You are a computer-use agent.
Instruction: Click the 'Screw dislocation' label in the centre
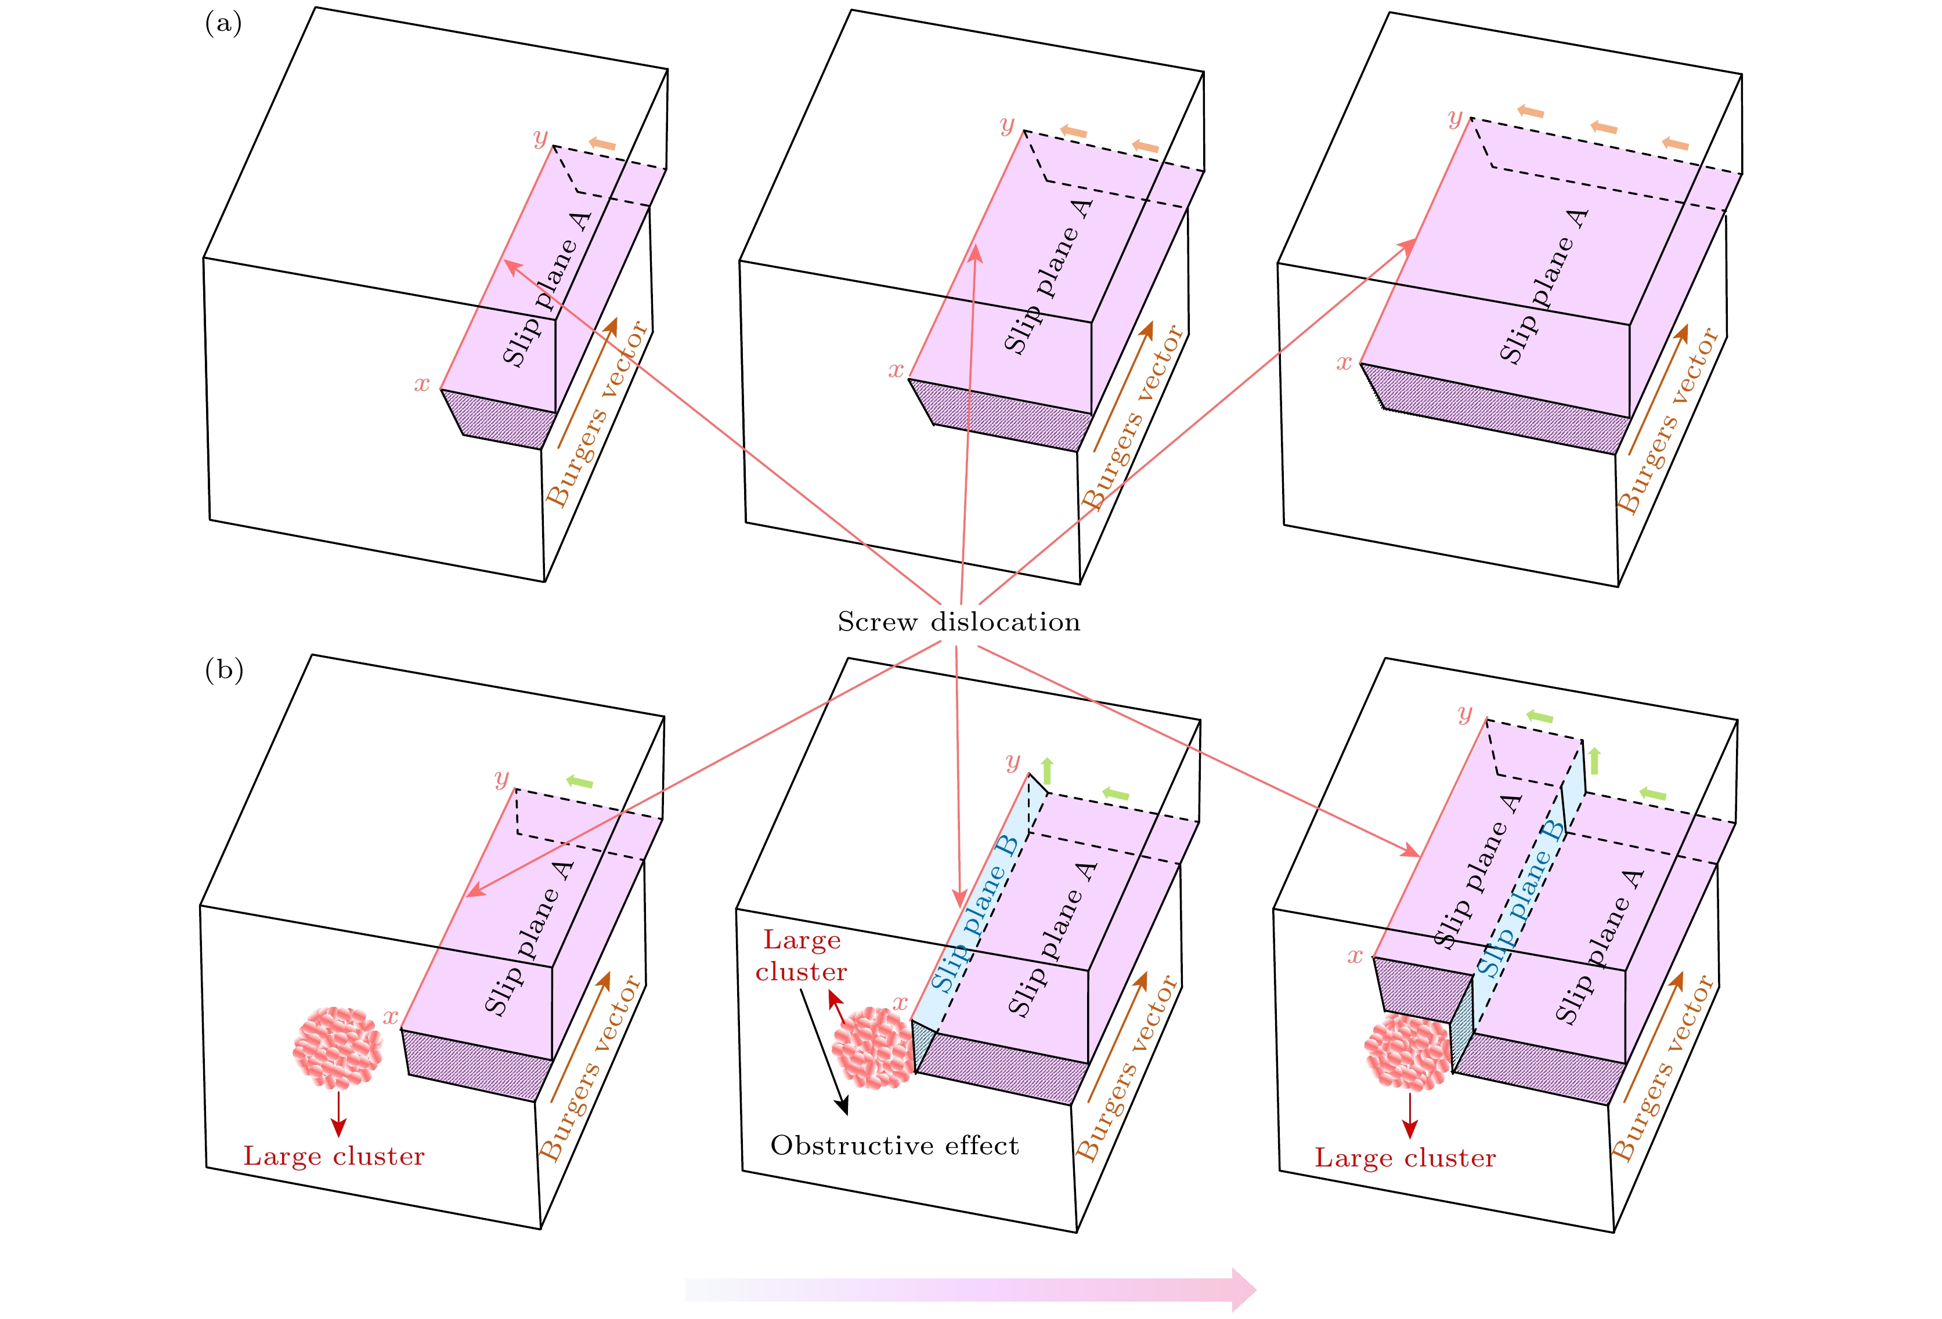click(x=958, y=621)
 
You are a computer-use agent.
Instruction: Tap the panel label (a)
click(x=223, y=23)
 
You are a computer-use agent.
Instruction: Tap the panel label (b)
click(x=224, y=670)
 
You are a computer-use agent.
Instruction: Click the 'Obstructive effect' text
click(x=894, y=1145)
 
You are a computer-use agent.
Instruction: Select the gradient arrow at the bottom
click(x=969, y=1289)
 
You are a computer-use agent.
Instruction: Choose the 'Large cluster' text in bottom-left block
click(x=333, y=1156)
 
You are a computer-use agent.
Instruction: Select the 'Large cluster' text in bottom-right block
click(x=1405, y=1158)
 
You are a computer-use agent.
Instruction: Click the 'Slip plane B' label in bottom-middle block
click(x=974, y=914)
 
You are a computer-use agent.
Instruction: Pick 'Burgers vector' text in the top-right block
click(x=1666, y=419)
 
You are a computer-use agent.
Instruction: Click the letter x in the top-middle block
click(x=896, y=370)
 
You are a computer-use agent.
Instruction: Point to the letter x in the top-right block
click(x=1344, y=363)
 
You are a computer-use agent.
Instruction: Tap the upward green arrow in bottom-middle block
click(x=1046, y=770)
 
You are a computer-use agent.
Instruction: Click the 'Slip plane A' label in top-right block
click(x=1543, y=286)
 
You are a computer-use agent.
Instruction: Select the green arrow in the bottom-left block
click(x=580, y=782)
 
